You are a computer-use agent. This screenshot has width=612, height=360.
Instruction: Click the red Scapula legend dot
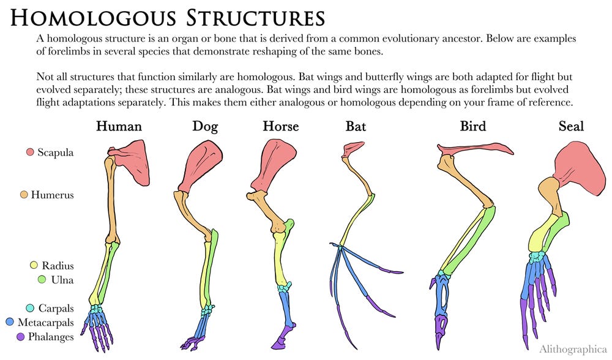[x=29, y=152]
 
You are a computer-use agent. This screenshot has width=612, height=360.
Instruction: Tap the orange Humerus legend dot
[x=24, y=195]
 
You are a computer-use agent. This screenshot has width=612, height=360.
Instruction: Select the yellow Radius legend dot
[x=35, y=266]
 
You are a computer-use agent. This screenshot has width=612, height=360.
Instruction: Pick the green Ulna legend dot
[x=42, y=280]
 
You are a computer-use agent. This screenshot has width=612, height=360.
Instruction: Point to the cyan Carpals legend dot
[x=31, y=308]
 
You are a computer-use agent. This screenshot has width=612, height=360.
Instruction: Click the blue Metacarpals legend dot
[x=10, y=322]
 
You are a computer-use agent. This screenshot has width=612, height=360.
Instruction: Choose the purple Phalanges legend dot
[x=21, y=336]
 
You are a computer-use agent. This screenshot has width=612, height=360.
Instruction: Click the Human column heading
[x=119, y=127]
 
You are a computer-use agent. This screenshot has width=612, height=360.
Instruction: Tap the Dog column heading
[x=205, y=127]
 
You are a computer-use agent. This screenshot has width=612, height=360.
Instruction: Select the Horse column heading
[x=281, y=127]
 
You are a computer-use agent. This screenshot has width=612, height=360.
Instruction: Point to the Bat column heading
[x=356, y=127]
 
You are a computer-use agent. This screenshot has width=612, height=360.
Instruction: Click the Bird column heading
[x=473, y=127]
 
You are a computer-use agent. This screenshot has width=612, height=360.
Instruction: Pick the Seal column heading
[x=571, y=127]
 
